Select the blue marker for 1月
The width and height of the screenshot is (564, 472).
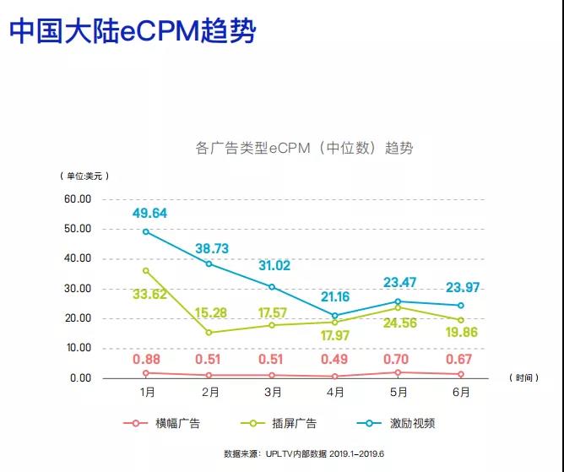click(x=147, y=231)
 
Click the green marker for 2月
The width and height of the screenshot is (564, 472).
click(x=210, y=332)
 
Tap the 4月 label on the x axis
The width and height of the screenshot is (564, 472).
click(x=335, y=393)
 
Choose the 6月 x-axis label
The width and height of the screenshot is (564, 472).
click(x=461, y=393)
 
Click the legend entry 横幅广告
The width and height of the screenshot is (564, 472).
click(x=172, y=424)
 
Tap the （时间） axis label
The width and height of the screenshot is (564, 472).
click(x=523, y=378)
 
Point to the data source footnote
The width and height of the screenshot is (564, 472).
click(x=303, y=453)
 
